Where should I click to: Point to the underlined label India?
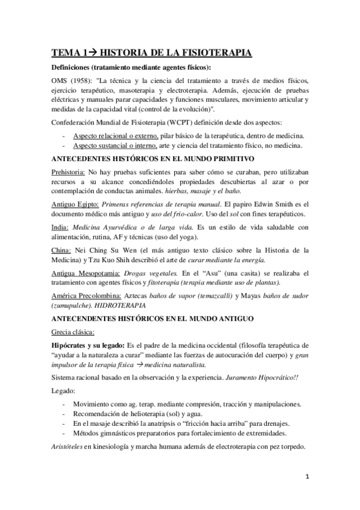[x=62, y=226]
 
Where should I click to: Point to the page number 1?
[x=307, y=477]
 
